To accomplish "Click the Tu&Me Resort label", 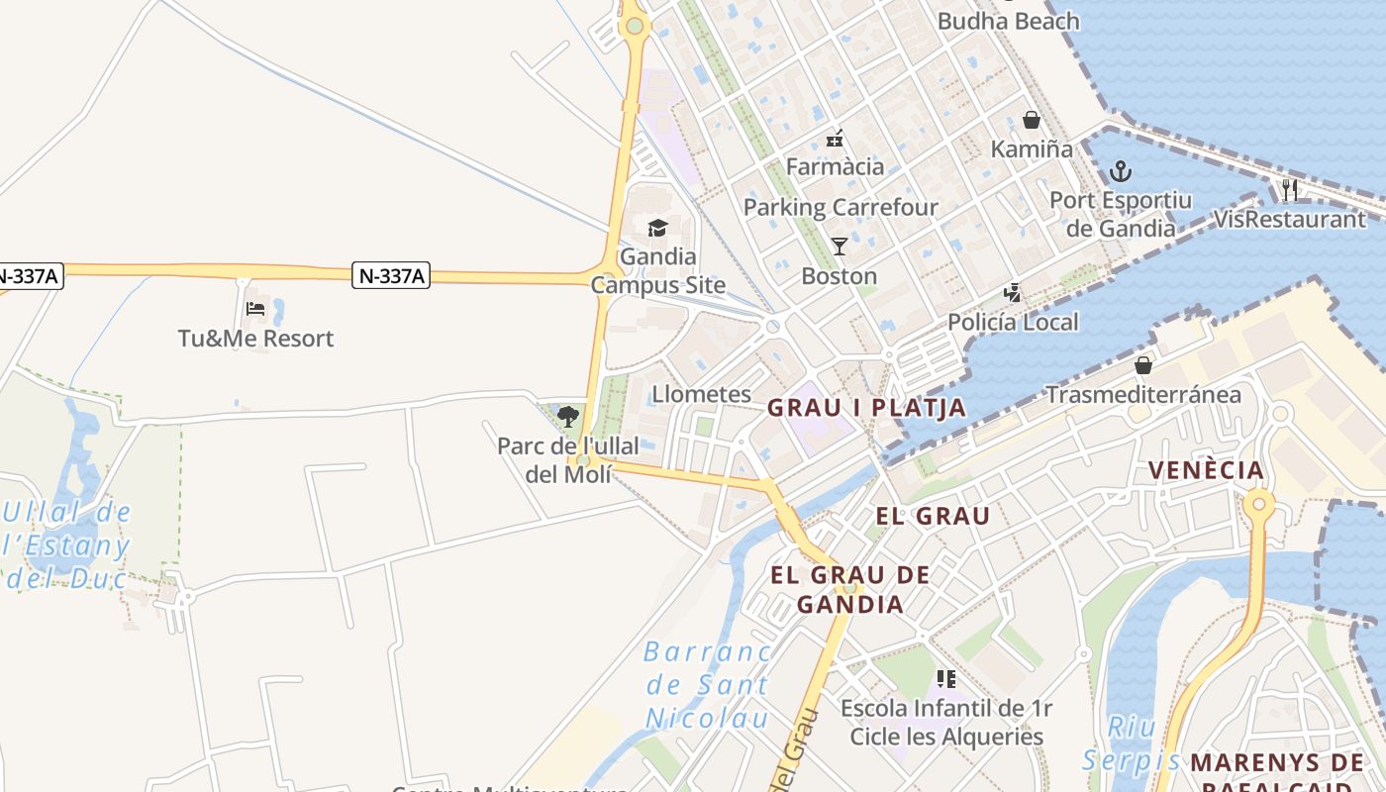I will pos(255,339).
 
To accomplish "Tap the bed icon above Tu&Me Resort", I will pos(255,309).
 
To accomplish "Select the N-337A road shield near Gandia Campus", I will pos(391,276).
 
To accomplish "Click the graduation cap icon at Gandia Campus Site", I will pos(658,230).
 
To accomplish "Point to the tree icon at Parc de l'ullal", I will pos(568,416).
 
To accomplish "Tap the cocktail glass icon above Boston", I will pos(840,246).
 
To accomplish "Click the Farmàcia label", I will pos(835,166).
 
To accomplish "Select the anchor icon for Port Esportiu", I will pos(1121,171).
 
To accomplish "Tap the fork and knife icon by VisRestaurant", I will pos(1289,190).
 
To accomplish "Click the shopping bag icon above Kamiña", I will pos(1032,120).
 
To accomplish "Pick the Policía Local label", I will pos(1013,322).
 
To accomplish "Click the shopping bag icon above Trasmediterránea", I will pos(1143,365).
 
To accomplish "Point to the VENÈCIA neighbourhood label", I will pos(1206,470).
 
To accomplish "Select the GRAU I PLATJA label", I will pos(866,408).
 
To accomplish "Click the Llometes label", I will pos(701,394).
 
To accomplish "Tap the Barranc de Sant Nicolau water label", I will pos(707,684).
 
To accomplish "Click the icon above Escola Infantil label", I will pos(946,679).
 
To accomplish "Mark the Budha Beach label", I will pos(1008,21).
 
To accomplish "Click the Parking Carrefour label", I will pos(841,207).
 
